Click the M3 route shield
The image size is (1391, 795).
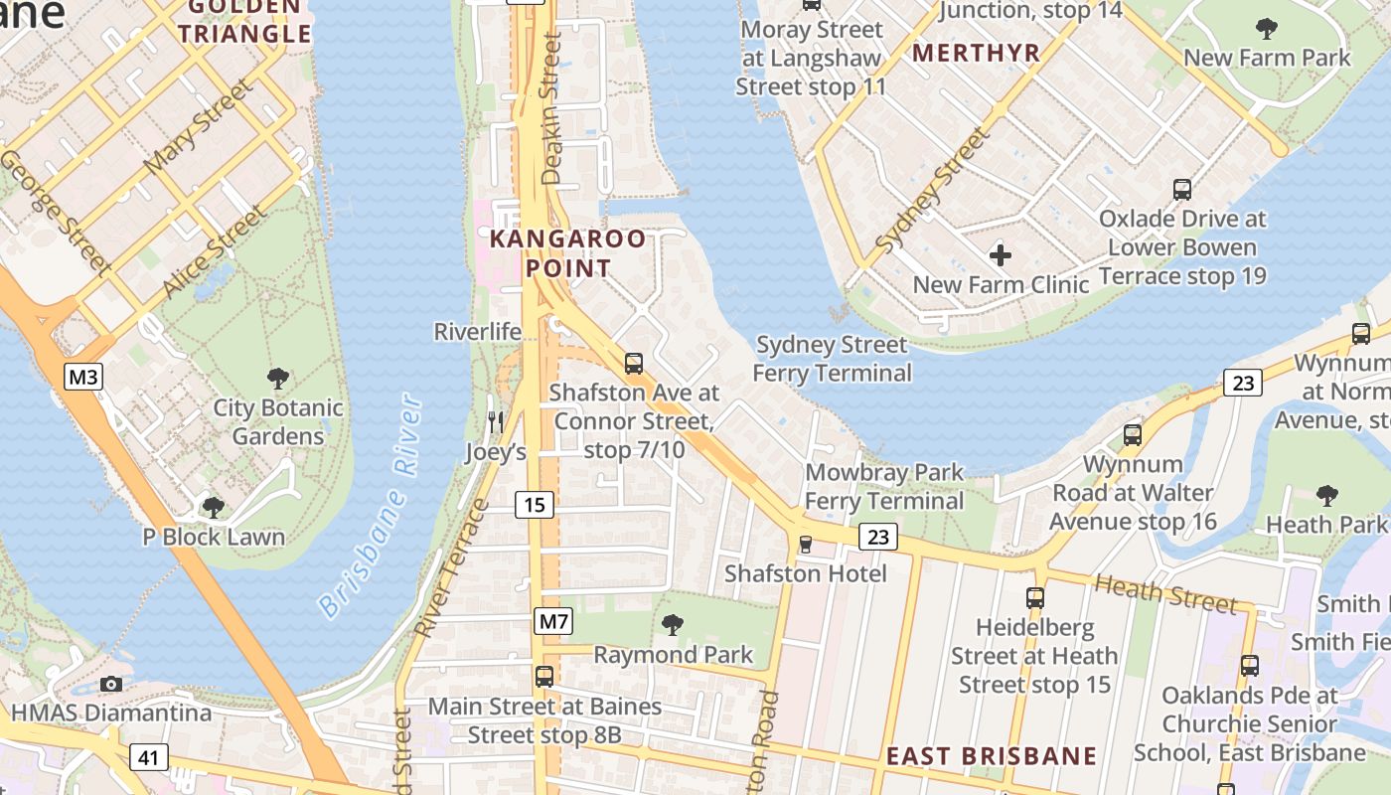point(84,377)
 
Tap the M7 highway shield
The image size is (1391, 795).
point(553,621)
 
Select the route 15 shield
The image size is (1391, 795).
point(535,505)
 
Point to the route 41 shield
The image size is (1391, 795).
point(148,758)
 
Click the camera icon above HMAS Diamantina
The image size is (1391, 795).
point(111,684)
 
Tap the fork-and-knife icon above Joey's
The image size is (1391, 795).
point(496,422)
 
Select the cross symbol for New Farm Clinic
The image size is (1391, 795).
point(1001,255)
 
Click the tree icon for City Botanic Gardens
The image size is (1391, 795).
point(278,378)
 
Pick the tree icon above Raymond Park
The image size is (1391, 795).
point(673,624)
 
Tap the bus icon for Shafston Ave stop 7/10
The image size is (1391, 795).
point(634,363)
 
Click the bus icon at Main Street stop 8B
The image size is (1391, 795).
point(544,677)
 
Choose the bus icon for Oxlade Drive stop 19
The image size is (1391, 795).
point(1182,189)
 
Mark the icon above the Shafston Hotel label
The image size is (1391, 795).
point(806,545)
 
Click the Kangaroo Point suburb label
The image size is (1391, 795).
point(567,253)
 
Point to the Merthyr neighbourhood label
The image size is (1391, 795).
point(976,53)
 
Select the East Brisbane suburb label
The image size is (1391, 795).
point(992,756)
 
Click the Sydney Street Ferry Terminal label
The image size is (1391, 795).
point(832,359)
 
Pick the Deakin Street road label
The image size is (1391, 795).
point(551,109)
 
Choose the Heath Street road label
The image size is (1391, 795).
point(1164,593)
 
